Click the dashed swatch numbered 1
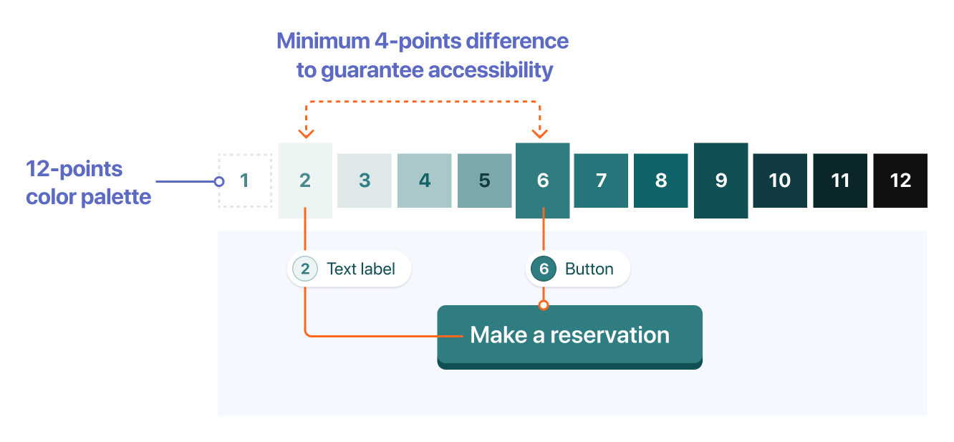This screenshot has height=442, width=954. point(245,181)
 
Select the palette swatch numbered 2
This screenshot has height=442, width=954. point(305,181)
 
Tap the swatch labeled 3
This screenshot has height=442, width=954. point(364,181)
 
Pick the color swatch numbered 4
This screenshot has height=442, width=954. point(424,181)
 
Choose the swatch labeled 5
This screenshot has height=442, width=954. point(484,181)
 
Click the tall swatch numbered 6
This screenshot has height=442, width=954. point(543,181)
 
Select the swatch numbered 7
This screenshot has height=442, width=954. point(601,181)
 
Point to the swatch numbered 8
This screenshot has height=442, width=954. point(660,181)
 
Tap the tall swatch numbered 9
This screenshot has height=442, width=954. point(721,181)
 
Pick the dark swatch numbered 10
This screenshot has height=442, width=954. point(780,181)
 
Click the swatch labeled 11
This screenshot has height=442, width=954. point(840,181)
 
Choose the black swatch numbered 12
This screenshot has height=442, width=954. point(900,181)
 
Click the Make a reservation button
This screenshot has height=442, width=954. point(569,337)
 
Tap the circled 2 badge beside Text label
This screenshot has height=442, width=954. point(305,269)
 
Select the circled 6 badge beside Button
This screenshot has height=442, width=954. point(544,269)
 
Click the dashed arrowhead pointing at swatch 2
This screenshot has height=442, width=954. point(306,134)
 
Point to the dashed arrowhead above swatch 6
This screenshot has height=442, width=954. point(539,134)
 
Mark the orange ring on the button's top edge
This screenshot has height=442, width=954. point(544,305)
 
